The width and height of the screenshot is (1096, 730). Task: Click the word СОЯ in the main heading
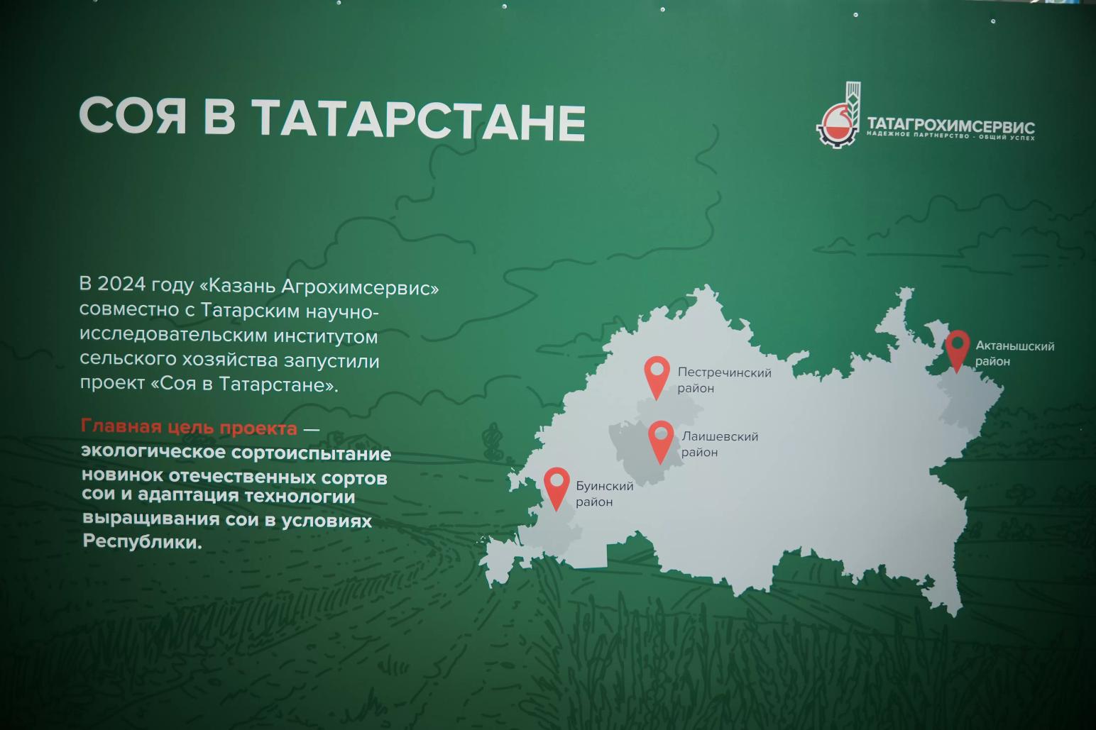(x=133, y=116)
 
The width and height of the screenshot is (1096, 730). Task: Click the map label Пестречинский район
(x=723, y=380)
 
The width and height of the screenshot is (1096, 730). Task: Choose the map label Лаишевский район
(x=719, y=444)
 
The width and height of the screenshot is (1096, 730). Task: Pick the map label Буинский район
(x=604, y=494)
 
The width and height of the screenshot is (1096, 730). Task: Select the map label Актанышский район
(x=1014, y=353)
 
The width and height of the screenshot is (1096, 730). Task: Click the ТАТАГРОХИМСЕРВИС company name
(x=950, y=126)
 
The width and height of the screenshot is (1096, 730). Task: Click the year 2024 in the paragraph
(x=121, y=284)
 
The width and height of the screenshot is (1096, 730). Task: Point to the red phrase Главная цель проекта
(x=189, y=428)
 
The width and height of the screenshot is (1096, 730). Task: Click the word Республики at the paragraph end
(x=141, y=542)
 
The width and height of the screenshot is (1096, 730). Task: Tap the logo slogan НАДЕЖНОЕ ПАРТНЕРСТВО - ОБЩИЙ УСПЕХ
(x=950, y=136)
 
